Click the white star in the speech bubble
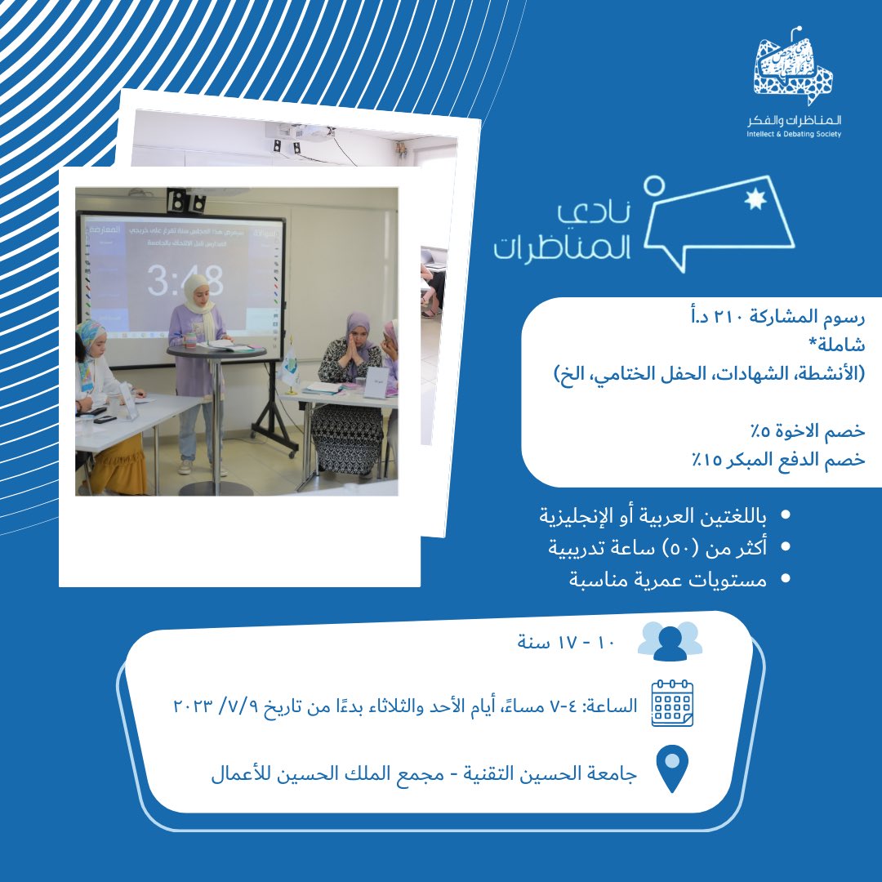[750, 201]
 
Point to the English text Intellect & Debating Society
[793, 133]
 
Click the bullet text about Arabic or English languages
[653, 516]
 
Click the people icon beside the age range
[670, 641]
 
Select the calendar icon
[672, 703]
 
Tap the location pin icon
[672, 768]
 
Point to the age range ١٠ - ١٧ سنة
[565, 641]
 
